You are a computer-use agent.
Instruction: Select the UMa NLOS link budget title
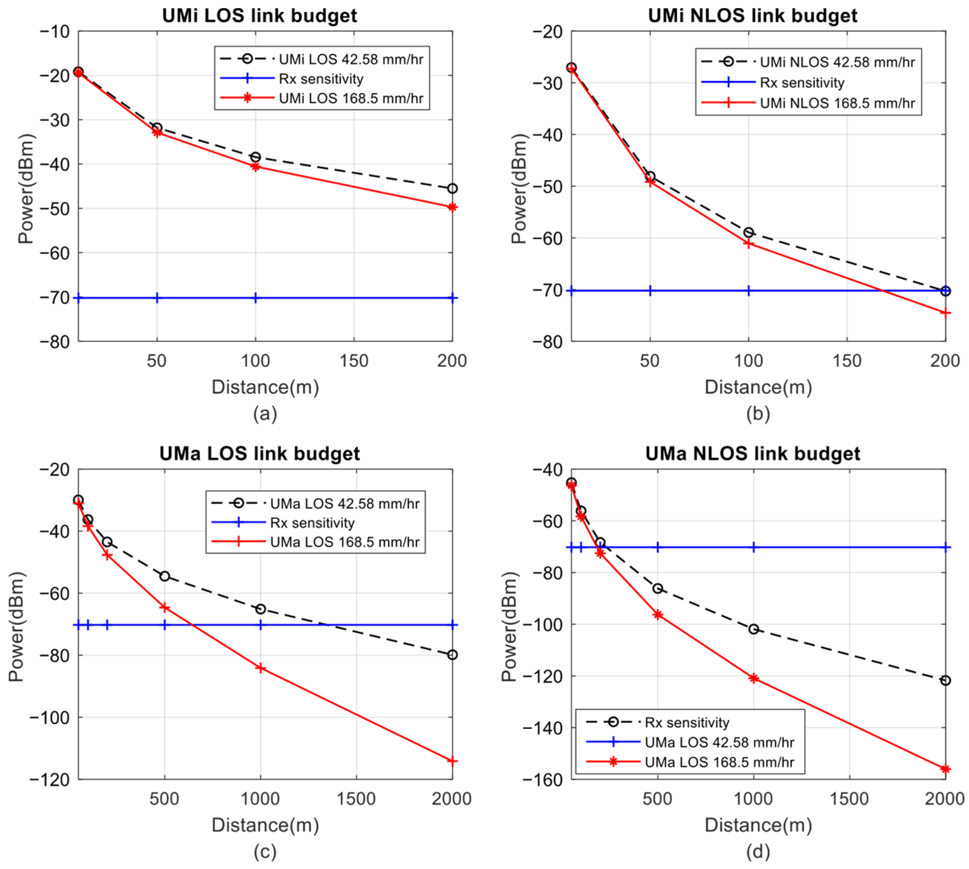click(752, 454)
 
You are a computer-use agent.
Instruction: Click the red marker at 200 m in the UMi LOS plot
click(452, 207)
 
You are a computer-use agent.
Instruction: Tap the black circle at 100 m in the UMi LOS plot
click(255, 157)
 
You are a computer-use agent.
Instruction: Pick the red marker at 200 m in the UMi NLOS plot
click(945, 313)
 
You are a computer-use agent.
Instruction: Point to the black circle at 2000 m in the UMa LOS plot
click(452, 655)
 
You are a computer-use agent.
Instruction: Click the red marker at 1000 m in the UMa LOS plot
click(260, 668)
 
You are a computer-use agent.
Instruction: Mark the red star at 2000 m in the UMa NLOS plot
click(945, 769)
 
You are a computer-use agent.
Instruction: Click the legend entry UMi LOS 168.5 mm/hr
click(351, 98)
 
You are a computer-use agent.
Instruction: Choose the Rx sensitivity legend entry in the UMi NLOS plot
click(802, 83)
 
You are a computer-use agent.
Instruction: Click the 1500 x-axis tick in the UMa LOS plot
click(356, 799)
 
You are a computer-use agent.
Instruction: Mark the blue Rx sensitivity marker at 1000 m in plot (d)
click(753, 547)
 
